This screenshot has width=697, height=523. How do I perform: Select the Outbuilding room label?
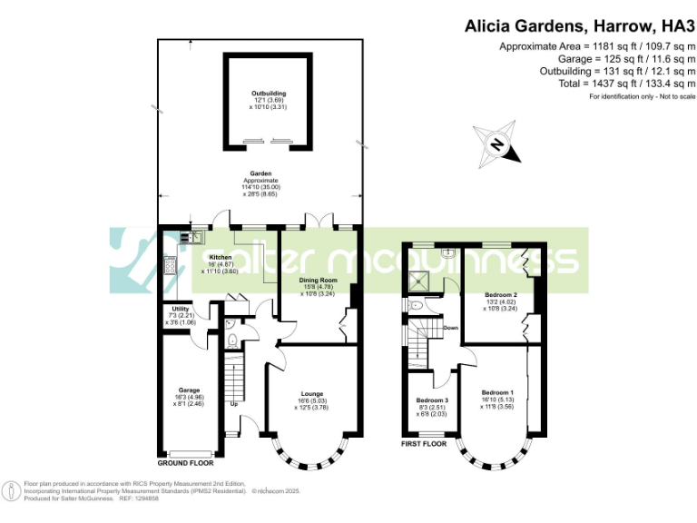point(268,94)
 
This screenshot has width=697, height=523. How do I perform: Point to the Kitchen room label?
point(221,257)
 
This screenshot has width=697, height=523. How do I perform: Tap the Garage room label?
point(189,390)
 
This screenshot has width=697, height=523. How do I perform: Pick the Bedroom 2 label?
point(501,295)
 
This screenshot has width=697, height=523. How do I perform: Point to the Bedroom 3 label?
point(432,400)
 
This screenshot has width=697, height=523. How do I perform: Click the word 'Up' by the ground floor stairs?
point(233,403)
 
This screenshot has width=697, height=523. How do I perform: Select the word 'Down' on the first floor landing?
point(449,328)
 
